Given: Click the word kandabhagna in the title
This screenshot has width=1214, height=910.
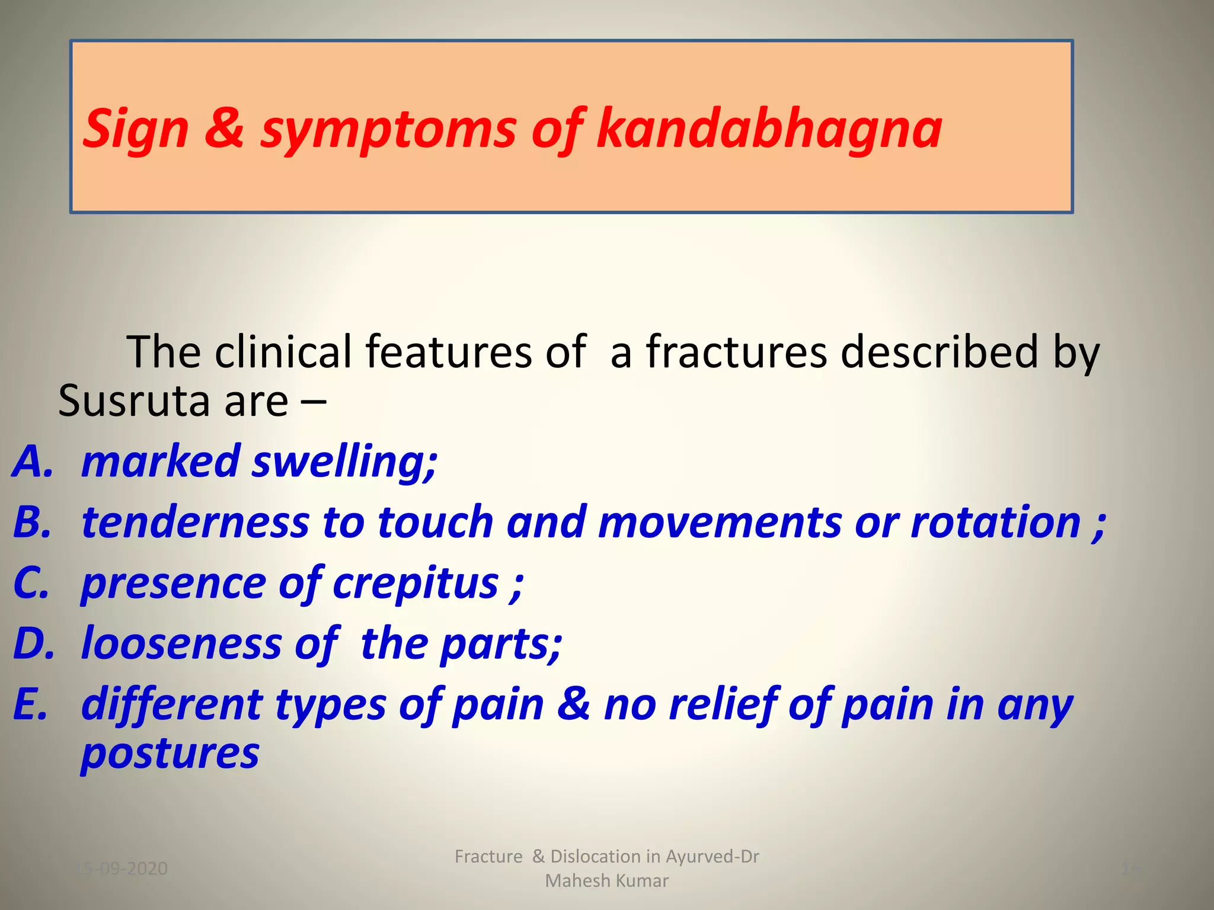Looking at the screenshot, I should pyautogui.click(x=769, y=129).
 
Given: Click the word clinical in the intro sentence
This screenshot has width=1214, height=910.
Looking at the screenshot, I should pyautogui.click(x=283, y=352).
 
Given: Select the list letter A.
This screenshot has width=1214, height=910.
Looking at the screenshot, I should pyautogui.click(x=33, y=462).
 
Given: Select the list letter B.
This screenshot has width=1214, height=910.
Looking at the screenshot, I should pyautogui.click(x=33, y=523).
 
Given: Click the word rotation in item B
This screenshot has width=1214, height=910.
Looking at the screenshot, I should pyautogui.click(x=996, y=523).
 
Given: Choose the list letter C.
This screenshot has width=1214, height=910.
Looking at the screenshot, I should pyautogui.click(x=31, y=584).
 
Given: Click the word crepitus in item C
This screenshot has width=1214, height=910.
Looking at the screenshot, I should pyautogui.click(x=416, y=585).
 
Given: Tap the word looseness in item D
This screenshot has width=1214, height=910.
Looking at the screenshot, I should pyautogui.click(x=181, y=644).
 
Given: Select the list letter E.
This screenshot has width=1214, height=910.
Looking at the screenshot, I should pyautogui.click(x=30, y=705).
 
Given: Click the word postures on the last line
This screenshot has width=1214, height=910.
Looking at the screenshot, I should pyautogui.click(x=170, y=755).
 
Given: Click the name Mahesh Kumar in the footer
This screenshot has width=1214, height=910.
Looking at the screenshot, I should pyautogui.click(x=606, y=881).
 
